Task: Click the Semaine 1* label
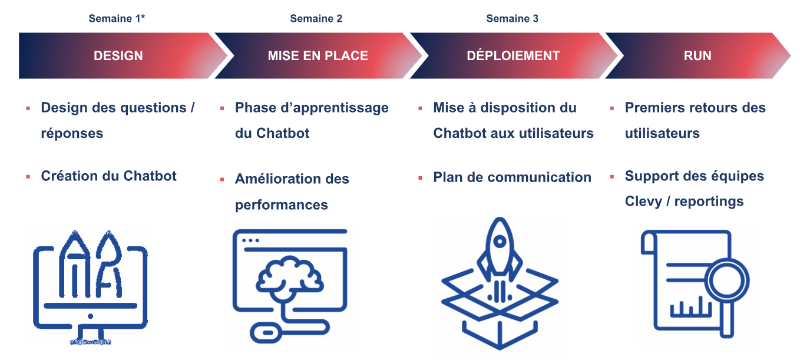[x=117, y=18]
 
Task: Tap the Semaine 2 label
[x=316, y=18]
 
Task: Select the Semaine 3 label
[x=512, y=18]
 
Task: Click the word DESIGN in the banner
[x=118, y=56]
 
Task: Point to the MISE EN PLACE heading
[x=318, y=56]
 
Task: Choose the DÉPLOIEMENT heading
[x=513, y=55]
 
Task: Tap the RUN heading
[x=697, y=56]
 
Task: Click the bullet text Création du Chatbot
[x=108, y=176]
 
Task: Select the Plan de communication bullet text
[x=512, y=177]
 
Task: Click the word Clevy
[x=643, y=202]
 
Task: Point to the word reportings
[x=709, y=202]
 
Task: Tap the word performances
[x=282, y=206]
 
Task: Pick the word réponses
[x=72, y=134]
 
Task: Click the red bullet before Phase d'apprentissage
[x=222, y=108]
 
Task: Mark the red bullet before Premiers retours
[x=612, y=108]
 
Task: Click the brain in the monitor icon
[x=289, y=277]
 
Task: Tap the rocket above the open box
[x=500, y=250]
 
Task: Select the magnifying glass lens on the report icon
[x=727, y=281]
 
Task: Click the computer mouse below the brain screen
[x=268, y=333]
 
